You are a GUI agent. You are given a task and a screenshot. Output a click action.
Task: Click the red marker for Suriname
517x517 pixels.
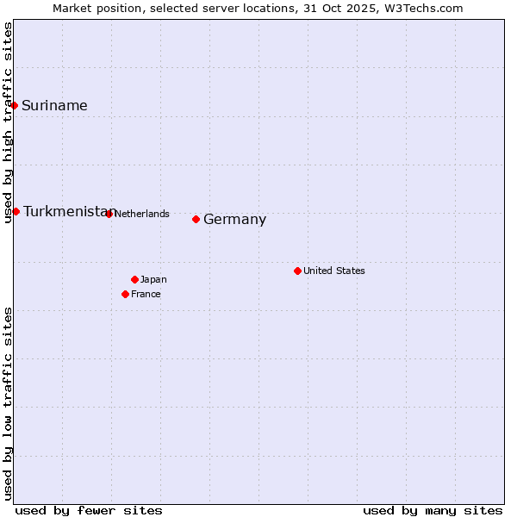15,105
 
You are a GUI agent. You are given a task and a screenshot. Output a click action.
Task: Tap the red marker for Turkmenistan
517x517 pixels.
16,211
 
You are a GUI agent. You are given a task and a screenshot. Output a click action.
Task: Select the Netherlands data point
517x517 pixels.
109,214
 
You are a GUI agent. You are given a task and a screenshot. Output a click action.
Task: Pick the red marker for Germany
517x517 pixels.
196,219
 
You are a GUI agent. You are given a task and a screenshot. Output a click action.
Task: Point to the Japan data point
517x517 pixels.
134,279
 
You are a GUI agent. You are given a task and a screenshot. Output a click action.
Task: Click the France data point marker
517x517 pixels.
125,294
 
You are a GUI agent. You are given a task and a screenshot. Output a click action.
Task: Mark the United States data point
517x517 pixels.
297,271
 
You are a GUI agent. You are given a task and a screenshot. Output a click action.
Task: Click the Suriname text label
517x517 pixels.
54,106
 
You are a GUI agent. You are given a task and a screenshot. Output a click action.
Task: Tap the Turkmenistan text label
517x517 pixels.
68,212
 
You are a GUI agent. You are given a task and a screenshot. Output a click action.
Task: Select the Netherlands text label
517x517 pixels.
141,214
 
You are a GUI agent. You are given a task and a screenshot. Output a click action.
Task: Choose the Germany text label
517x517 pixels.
234,220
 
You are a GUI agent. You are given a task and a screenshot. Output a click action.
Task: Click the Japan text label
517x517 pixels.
153,279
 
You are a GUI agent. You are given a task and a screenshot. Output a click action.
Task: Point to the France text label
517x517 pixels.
146,294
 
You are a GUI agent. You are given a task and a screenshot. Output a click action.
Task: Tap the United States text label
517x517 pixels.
333,271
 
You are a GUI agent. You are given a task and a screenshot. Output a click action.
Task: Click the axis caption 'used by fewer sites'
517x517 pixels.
89,510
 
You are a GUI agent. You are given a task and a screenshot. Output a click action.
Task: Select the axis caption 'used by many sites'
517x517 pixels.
433,510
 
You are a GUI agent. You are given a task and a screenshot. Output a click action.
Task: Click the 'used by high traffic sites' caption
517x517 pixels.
9,122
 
